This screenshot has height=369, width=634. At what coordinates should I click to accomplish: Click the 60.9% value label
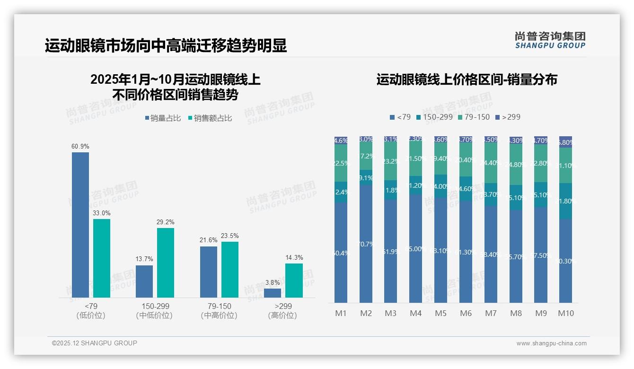[80, 147]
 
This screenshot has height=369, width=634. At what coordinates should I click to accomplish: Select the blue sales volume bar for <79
[80, 225]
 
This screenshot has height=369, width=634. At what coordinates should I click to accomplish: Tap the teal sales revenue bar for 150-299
[166, 263]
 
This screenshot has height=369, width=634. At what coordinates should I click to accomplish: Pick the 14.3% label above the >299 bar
[294, 258]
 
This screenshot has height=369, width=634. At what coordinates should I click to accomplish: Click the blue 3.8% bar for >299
[273, 293]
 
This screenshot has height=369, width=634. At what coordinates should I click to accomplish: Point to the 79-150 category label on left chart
[219, 307]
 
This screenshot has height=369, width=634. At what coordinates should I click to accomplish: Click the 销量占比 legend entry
[163, 118]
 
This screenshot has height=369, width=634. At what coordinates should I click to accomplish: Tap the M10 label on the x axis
[566, 313]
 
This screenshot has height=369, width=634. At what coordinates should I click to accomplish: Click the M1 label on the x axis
[341, 313]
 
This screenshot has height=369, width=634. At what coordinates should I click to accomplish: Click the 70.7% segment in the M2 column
[366, 244]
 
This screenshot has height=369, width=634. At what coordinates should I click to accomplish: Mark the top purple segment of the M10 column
[565, 142]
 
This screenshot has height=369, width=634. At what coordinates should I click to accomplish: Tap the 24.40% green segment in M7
[491, 163]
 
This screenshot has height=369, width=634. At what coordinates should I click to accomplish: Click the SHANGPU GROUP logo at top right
[550, 40]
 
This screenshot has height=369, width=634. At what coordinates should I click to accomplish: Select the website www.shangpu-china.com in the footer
[551, 343]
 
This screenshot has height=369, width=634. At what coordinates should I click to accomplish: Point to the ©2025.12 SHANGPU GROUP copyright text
[95, 343]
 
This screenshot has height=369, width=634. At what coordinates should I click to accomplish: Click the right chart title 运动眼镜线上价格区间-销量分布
[467, 79]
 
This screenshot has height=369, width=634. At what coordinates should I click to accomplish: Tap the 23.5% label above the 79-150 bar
[230, 236]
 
